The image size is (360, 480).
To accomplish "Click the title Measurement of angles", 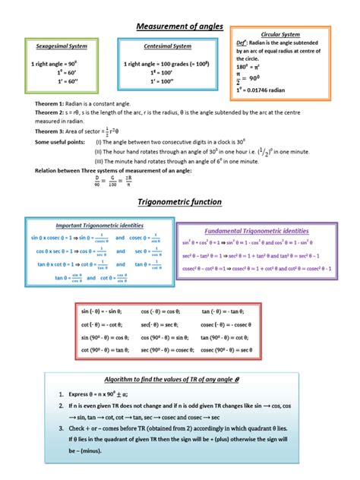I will (179, 27).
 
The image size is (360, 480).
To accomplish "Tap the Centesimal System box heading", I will (168, 47).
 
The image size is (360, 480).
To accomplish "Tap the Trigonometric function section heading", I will (179, 202).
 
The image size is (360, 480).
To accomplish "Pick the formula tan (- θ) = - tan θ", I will (226, 311).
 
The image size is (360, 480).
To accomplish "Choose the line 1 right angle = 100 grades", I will (166, 63).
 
